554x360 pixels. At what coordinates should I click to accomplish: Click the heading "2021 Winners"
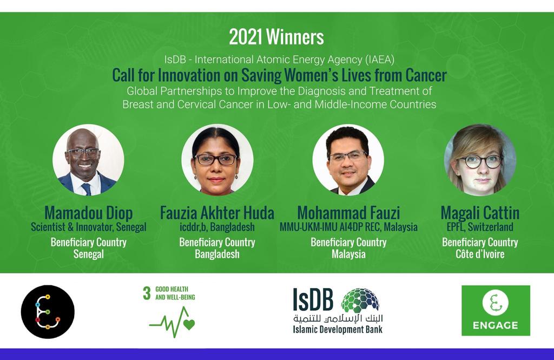276,37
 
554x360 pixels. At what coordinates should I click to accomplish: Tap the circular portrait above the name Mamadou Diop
88,160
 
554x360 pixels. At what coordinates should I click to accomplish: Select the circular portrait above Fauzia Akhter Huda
217,160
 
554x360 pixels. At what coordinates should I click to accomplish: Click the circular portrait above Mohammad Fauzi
348,160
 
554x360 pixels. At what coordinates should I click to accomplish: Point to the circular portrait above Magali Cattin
480,160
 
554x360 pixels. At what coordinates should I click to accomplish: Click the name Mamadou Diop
89,213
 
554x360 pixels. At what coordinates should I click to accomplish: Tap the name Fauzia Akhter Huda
217,213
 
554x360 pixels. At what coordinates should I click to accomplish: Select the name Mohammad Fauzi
349,213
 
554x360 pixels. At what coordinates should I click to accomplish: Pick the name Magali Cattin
480,213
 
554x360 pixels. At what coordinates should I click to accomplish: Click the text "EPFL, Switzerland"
480,227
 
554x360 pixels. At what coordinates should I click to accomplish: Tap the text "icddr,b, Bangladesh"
217,227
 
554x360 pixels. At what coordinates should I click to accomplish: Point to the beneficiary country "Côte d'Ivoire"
480,254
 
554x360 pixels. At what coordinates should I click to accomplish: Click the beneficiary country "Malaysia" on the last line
349,254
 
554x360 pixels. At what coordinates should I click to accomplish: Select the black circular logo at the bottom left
48,312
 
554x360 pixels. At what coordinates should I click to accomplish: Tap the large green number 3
147,293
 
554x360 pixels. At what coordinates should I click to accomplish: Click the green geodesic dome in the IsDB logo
360,300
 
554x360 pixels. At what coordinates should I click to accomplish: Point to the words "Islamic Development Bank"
338,330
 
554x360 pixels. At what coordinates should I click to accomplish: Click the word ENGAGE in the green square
496,325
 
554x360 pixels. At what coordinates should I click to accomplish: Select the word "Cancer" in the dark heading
426,75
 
